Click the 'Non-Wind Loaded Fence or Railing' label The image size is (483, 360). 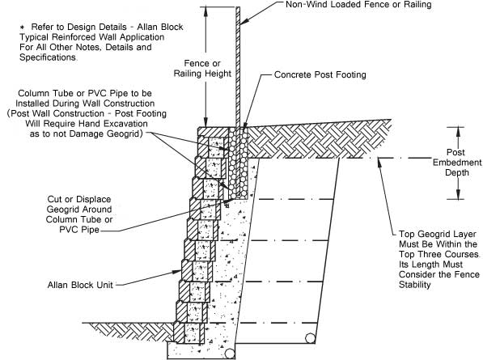pyautogui.click(x=358, y=5)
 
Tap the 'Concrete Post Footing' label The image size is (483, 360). pyautogui.click(x=320, y=74)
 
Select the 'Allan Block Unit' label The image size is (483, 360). pyautogui.click(x=80, y=285)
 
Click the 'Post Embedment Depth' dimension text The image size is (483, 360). pyautogui.click(x=457, y=163)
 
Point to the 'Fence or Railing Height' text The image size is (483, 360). pyautogui.click(x=202, y=69)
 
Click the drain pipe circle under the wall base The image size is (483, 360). pyautogui.click(x=230, y=354)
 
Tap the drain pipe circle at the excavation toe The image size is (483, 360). pyautogui.click(x=310, y=338)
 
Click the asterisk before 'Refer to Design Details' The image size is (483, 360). pyautogui.click(x=22, y=28)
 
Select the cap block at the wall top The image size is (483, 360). pyautogui.click(x=213, y=132)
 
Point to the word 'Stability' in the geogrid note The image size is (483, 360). pyautogui.click(x=414, y=285)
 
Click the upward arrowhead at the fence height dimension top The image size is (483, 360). pyautogui.click(x=206, y=11)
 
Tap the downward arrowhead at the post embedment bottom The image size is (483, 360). pyautogui.click(x=458, y=194)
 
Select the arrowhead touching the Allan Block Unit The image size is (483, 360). pyautogui.click(x=176, y=272)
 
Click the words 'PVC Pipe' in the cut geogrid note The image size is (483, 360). pyautogui.click(x=79, y=230)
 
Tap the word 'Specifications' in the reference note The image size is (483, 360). pyautogui.click(x=48, y=57)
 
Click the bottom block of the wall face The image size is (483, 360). pyautogui.click(x=189, y=333)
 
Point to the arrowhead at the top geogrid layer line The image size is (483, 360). pyautogui.click(x=379, y=163)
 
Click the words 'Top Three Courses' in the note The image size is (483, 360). pyautogui.click(x=439, y=254)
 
